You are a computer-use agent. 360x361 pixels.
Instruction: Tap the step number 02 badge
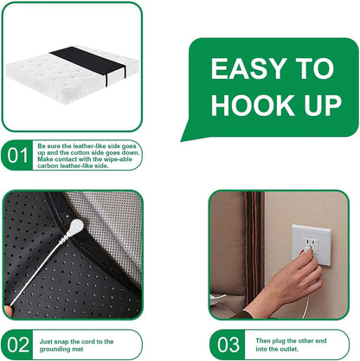coord(18,344)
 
